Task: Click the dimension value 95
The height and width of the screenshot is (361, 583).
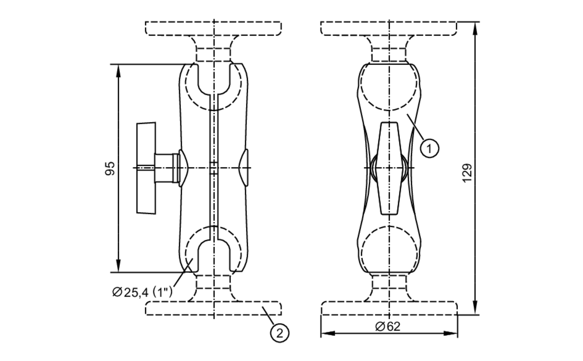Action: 110,169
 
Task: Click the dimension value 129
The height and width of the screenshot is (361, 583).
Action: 467,173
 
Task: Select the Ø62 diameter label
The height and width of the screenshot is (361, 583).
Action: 388,327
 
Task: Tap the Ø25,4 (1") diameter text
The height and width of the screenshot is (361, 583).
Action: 142,292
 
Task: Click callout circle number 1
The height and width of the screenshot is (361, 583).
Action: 429,148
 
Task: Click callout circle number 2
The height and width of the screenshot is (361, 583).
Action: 280,333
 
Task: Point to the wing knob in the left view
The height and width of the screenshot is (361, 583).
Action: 146,168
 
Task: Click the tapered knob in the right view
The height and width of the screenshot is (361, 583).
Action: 389,168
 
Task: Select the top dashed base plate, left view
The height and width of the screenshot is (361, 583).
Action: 213,29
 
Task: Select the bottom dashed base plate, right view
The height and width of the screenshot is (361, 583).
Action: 389,308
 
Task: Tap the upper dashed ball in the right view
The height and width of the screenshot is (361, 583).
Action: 389,83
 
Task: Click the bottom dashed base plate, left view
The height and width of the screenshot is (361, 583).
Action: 213,308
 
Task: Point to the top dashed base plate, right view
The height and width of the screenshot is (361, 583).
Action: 389,29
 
